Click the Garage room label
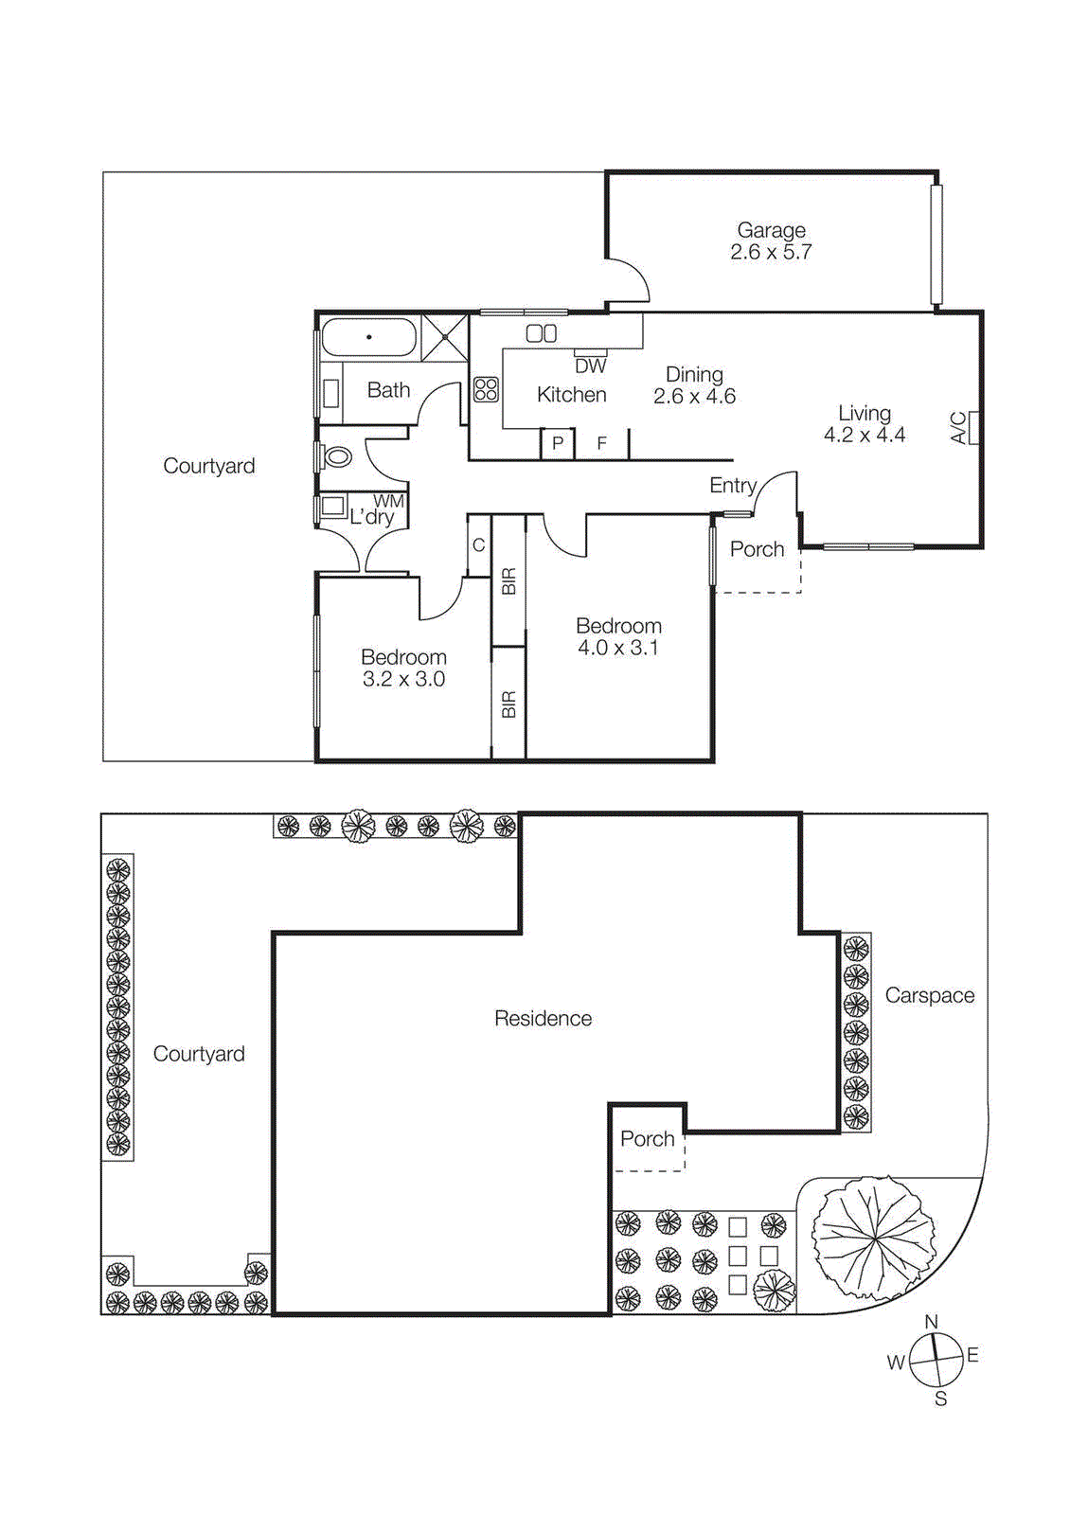point(771,230)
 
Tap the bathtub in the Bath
point(368,337)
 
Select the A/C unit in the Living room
point(972,427)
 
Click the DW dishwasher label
point(590,365)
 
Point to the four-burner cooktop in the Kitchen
point(486,389)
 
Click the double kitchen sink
point(542,333)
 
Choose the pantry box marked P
point(558,443)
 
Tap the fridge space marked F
point(601,443)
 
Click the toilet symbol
point(337,457)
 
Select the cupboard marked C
point(479,545)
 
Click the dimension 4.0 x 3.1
point(617,649)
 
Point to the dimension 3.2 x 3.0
point(403,680)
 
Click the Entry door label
point(732,486)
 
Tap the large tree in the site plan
point(873,1238)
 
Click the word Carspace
point(929,995)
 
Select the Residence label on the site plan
point(543,1019)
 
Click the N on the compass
point(931,1322)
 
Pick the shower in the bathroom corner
point(444,337)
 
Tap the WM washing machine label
point(388,501)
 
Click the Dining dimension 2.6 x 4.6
point(694,397)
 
